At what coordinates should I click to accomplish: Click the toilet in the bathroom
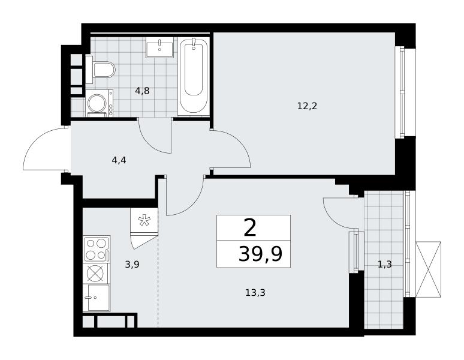[101, 69]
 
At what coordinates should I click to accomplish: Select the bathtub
[194, 77]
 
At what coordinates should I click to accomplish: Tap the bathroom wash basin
[159, 47]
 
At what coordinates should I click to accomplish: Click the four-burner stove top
[97, 248]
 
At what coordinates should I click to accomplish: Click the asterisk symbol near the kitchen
[144, 220]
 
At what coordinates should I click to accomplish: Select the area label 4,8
[142, 91]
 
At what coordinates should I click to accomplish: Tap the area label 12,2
[307, 106]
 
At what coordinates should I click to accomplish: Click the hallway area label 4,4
[119, 160]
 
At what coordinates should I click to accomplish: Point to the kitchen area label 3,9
[132, 264]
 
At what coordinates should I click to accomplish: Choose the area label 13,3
[255, 293]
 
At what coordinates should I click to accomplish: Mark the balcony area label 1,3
[385, 264]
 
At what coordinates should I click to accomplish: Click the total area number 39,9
[260, 254]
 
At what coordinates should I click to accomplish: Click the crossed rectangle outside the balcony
[428, 269]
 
